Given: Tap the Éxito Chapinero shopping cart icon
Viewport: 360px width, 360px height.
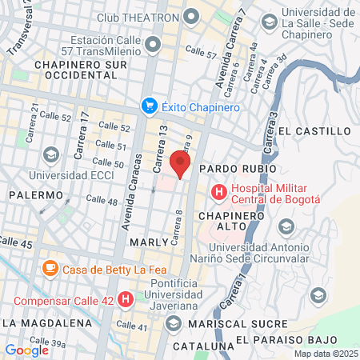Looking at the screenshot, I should pyautogui.click(x=149, y=105).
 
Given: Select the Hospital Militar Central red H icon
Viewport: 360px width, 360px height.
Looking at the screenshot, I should pyautogui.click(x=217, y=191).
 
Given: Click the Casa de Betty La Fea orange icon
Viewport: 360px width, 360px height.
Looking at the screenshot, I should pyautogui.click(x=50, y=268).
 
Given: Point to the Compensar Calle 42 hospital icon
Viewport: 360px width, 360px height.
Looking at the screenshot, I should pyautogui.click(x=126, y=300).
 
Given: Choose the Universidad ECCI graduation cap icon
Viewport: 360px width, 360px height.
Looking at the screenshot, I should pyautogui.click(x=51, y=154).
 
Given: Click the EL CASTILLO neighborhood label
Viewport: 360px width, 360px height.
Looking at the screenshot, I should pyautogui.click(x=317, y=130).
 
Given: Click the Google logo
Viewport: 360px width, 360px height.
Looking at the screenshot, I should pyautogui.click(x=26, y=350).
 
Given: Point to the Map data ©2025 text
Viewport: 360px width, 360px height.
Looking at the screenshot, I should pyautogui.click(x=326, y=354).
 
